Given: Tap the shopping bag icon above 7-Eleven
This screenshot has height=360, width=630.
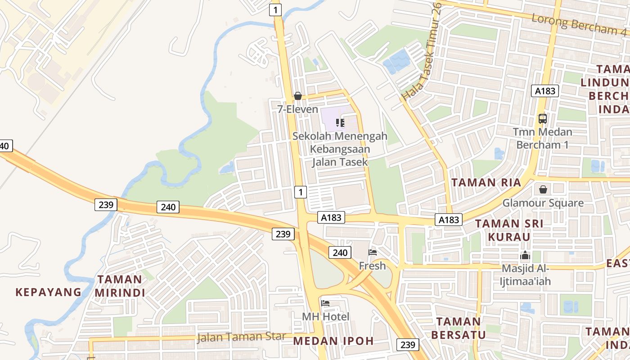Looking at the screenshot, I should pos(297,96).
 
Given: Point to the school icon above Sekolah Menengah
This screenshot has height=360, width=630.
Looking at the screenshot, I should pos(340,122).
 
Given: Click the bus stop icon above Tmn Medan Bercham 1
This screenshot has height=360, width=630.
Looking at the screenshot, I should pos(543,119).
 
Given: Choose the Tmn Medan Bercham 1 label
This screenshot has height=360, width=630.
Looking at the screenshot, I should pos(543,138).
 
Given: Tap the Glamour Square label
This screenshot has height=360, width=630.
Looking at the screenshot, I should pos(543,203).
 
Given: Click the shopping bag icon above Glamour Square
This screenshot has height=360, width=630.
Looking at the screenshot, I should pos(543,189).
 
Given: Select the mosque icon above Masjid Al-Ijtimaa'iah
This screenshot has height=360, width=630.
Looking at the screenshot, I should pos(525,256).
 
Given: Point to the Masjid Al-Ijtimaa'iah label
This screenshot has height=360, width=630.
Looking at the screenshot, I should pos(525,275).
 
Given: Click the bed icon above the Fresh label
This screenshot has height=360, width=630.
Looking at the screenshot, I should pos(373,252).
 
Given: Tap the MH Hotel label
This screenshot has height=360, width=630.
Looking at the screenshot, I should pos(325,316).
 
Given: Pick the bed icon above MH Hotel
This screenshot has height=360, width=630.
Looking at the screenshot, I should pos(325,303).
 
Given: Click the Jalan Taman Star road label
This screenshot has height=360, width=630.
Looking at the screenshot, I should pos(242,337).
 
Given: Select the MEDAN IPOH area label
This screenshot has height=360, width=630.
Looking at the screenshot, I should pos(333,341).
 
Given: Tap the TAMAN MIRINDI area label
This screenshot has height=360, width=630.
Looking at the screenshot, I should pos(120,286).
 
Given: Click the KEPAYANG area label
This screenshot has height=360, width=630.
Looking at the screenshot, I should pos(49,292).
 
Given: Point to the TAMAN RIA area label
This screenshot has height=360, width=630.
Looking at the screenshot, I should pos(486,182).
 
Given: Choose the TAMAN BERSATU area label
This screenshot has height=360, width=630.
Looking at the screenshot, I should pos(459,328).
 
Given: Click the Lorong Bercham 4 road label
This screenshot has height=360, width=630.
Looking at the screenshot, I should pos(579,25).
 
